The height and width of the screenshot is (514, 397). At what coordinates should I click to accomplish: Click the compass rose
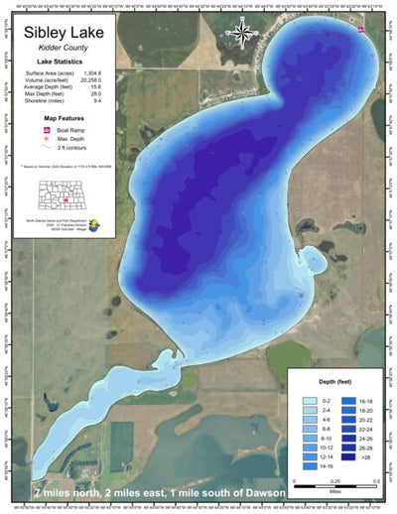pos(240,33)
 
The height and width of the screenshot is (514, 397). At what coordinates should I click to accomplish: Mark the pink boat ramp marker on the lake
pos(360,30)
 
